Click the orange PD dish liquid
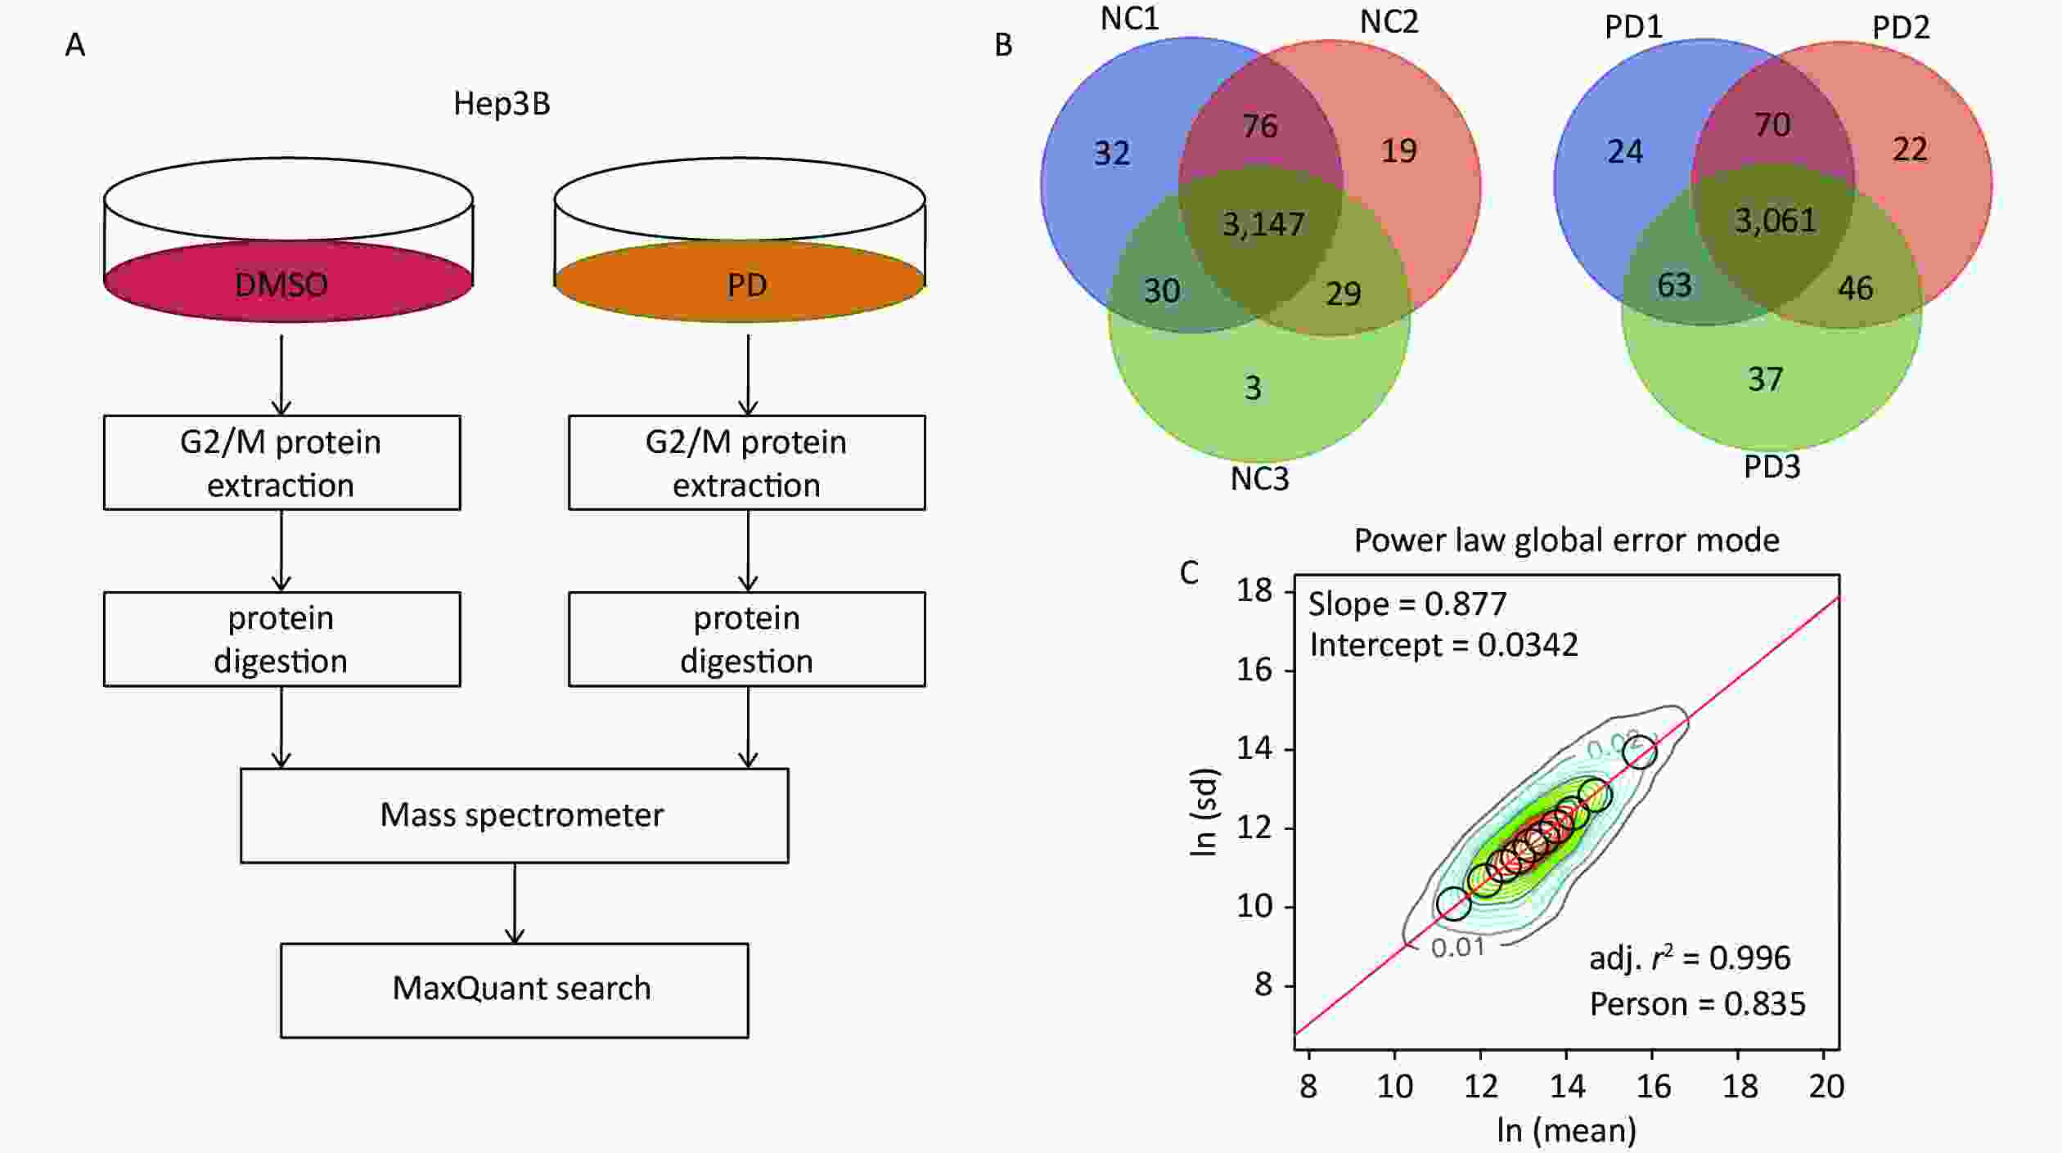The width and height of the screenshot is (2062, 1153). (740, 281)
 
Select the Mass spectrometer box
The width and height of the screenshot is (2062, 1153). (515, 815)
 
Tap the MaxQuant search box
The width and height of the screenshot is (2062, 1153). (515, 990)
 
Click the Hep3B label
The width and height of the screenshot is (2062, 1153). (502, 104)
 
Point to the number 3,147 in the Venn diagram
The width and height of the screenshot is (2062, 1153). (1263, 223)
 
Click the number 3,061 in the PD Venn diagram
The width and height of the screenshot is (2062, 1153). (1776, 220)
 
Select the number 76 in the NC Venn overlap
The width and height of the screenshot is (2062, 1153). (1259, 126)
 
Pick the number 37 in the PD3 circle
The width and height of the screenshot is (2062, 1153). (1765, 379)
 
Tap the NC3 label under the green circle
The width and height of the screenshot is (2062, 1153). (1259, 478)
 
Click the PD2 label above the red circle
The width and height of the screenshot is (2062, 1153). (1901, 28)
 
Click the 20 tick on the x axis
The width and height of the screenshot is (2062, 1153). (1826, 1086)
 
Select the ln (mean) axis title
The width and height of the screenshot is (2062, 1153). (1566, 1130)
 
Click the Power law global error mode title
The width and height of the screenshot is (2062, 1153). (1566, 540)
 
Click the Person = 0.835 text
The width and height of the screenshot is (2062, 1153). (1697, 1004)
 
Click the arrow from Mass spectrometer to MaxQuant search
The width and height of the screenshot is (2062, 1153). (515, 903)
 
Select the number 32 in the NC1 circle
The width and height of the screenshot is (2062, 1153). (1112, 153)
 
